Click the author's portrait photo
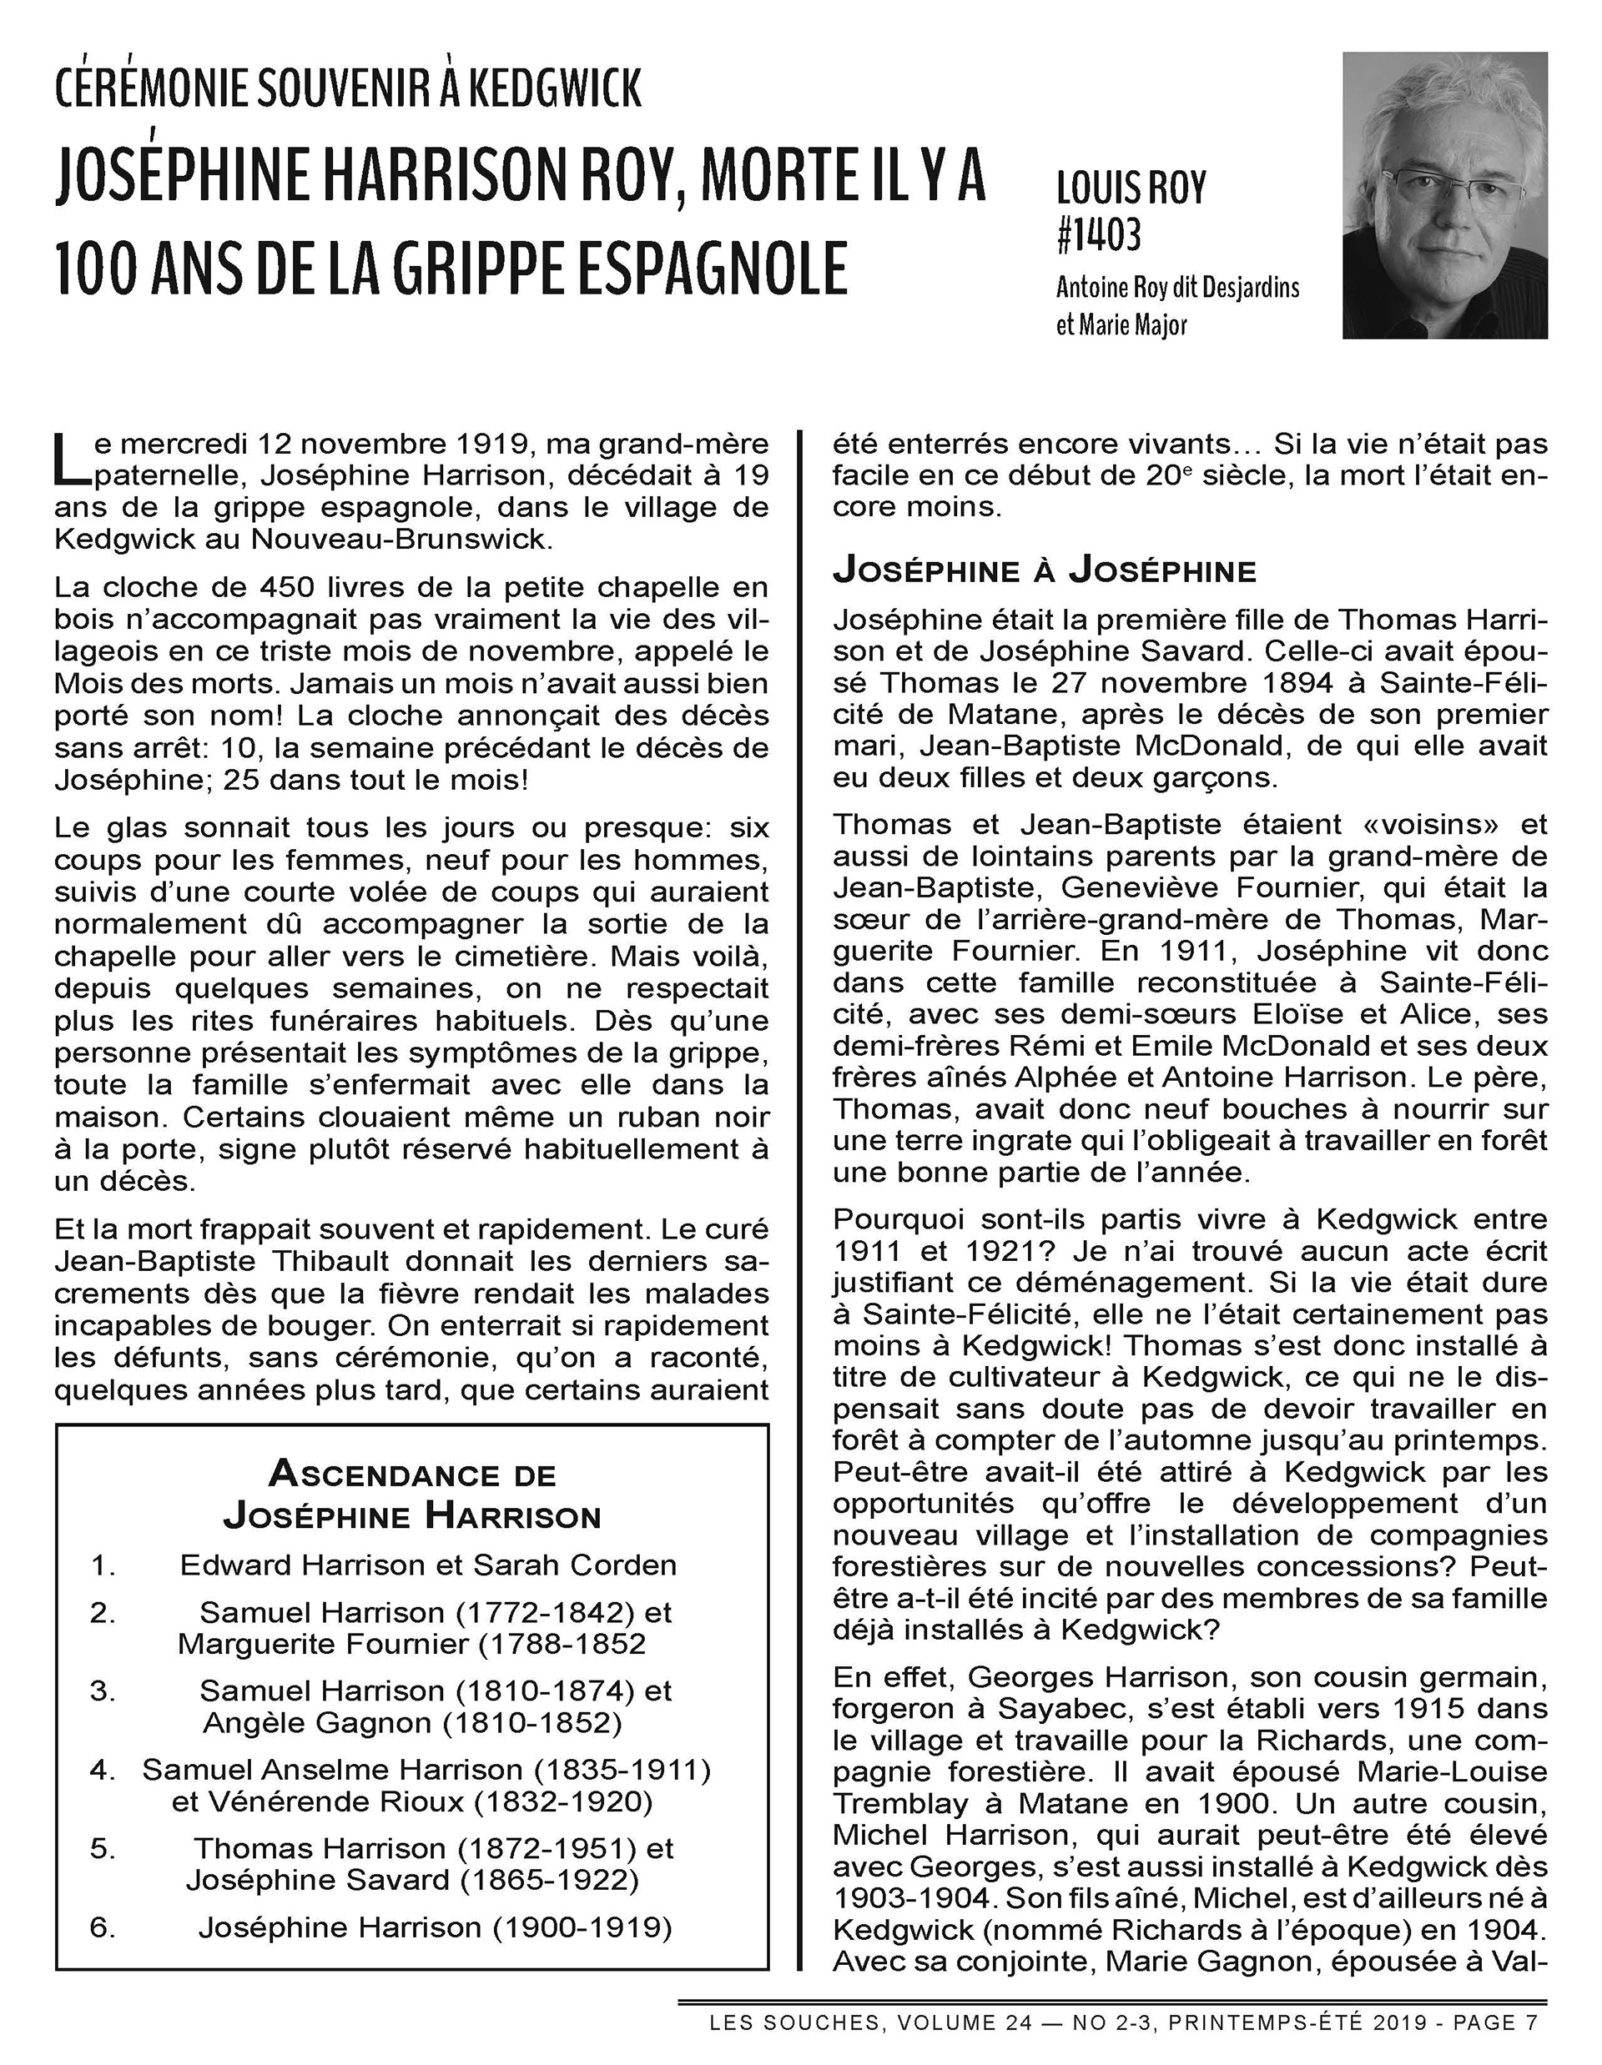pyautogui.click(x=1444, y=195)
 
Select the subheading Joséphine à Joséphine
pyautogui.click(x=1044, y=571)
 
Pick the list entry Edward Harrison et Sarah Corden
pyautogui.click(x=428, y=1565)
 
